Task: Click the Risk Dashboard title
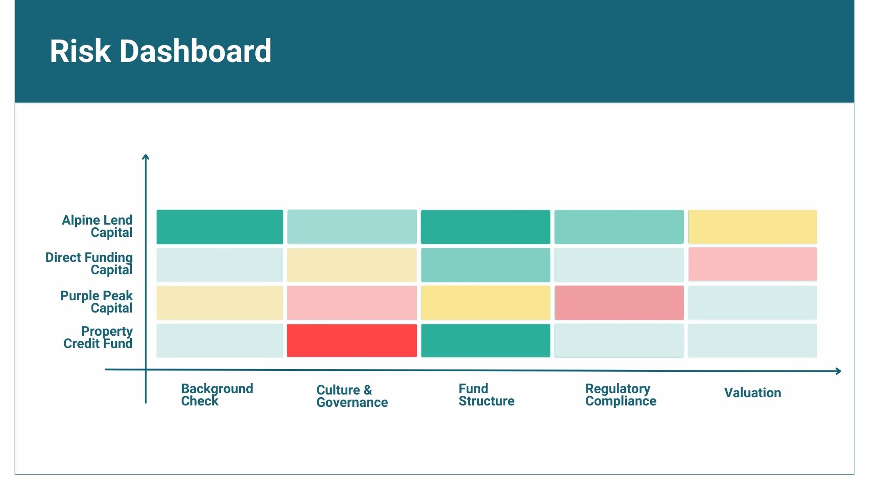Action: click(x=160, y=51)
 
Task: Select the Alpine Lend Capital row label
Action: click(x=97, y=226)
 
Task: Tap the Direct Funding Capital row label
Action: click(x=89, y=264)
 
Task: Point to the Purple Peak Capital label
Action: click(x=97, y=302)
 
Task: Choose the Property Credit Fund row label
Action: click(x=98, y=338)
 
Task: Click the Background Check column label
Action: click(x=217, y=395)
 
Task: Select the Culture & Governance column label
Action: click(x=352, y=396)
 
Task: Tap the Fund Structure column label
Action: click(x=486, y=395)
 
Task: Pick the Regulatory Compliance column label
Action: click(x=620, y=395)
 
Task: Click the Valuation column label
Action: click(x=752, y=393)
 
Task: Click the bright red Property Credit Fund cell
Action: click(x=352, y=341)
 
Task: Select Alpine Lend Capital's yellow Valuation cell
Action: click(x=752, y=227)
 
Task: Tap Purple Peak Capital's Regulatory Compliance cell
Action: click(x=619, y=303)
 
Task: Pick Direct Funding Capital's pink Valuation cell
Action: click(x=752, y=265)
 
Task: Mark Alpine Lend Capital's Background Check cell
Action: click(x=220, y=227)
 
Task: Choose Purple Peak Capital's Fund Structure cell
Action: click(x=486, y=303)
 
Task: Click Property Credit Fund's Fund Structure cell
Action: click(x=486, y=341)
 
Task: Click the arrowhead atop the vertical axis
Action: click(x=146, y=157)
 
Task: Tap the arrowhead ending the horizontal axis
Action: click(x=838, y=371)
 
